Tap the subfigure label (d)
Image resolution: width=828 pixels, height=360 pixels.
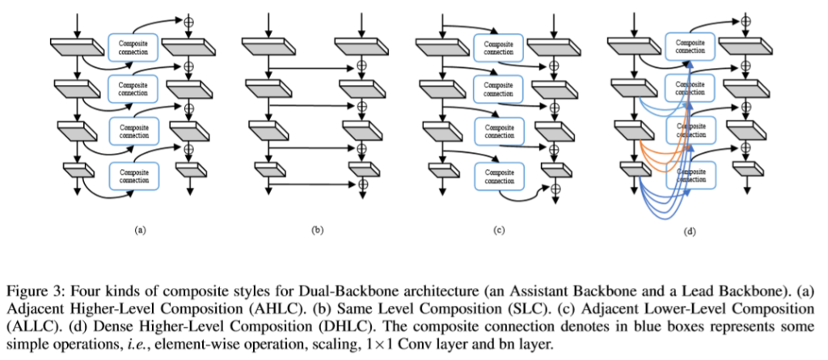[x=689, y=232]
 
